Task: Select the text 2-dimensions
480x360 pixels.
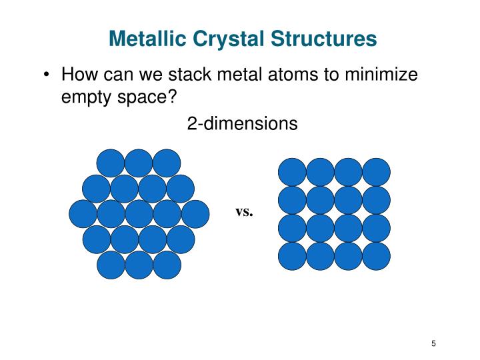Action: coord(242,124)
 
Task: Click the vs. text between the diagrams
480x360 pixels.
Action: coord(244,212)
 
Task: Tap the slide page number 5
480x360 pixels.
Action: coord(433,343)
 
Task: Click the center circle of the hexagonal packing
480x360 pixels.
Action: coord(139,214)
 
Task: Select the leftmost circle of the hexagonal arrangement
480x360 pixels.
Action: coord(83,214)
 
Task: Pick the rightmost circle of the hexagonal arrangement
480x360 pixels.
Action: coord(195,214)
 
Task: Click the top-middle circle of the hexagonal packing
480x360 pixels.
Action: coord(139,163)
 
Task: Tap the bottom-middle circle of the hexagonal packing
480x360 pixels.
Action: coord(139,265)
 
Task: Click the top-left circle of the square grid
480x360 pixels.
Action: coord(292,172)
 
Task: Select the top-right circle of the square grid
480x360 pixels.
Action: coord(376,172)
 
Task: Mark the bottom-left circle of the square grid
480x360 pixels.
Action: coord(292,256)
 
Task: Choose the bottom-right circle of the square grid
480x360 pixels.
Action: coord(376,256)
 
